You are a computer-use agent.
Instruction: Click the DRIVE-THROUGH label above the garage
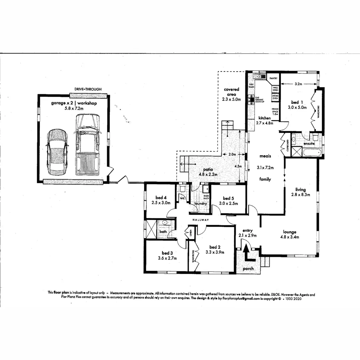click(x=88, y=89)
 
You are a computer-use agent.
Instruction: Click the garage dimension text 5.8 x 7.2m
click(x=74, y=109)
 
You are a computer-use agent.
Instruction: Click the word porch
click(x=248, y=269)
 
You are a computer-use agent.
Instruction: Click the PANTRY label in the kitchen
click(x=274, y=78)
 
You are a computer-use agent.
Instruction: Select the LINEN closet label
click(x=191, y=232)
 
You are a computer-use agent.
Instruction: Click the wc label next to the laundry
click(x=182, y=198)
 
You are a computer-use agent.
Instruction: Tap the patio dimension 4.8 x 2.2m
click(x=208, y=174)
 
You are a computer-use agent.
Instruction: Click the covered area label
click(x=231, y=92)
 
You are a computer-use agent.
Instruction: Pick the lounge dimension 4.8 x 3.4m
click(x=289, y=237)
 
